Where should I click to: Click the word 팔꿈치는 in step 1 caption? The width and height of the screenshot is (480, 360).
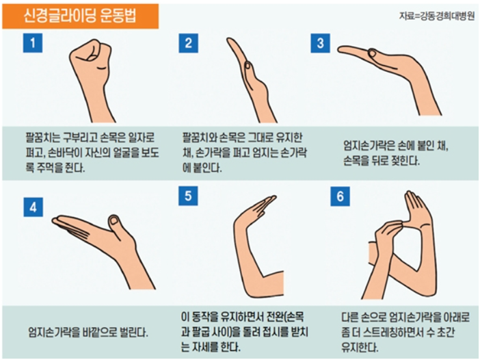click(x=42, y=136)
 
